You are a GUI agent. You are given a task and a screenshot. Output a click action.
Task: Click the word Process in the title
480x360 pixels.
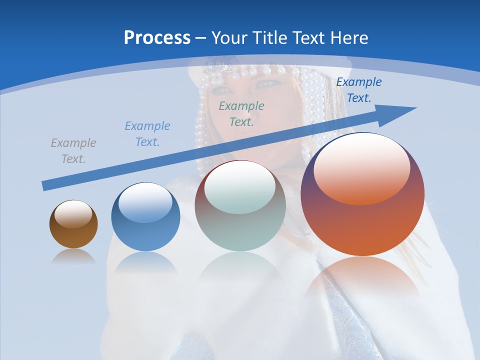pyautogui.click(x=157, y=38)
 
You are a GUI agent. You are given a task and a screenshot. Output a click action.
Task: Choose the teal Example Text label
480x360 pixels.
pyautogui.click(x=241, y=114)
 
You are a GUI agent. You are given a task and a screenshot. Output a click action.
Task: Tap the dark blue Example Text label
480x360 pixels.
pyautogui.click(x=358, y=90)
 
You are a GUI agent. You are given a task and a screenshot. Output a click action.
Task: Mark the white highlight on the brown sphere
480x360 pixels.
pyautogui.click(x=73, y=214)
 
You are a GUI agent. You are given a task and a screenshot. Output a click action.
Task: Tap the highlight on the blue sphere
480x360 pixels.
pyautogui.click(x=145, y=202)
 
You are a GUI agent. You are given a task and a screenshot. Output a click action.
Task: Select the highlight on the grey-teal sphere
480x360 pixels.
pyautogui.click(x=240, y=187)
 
